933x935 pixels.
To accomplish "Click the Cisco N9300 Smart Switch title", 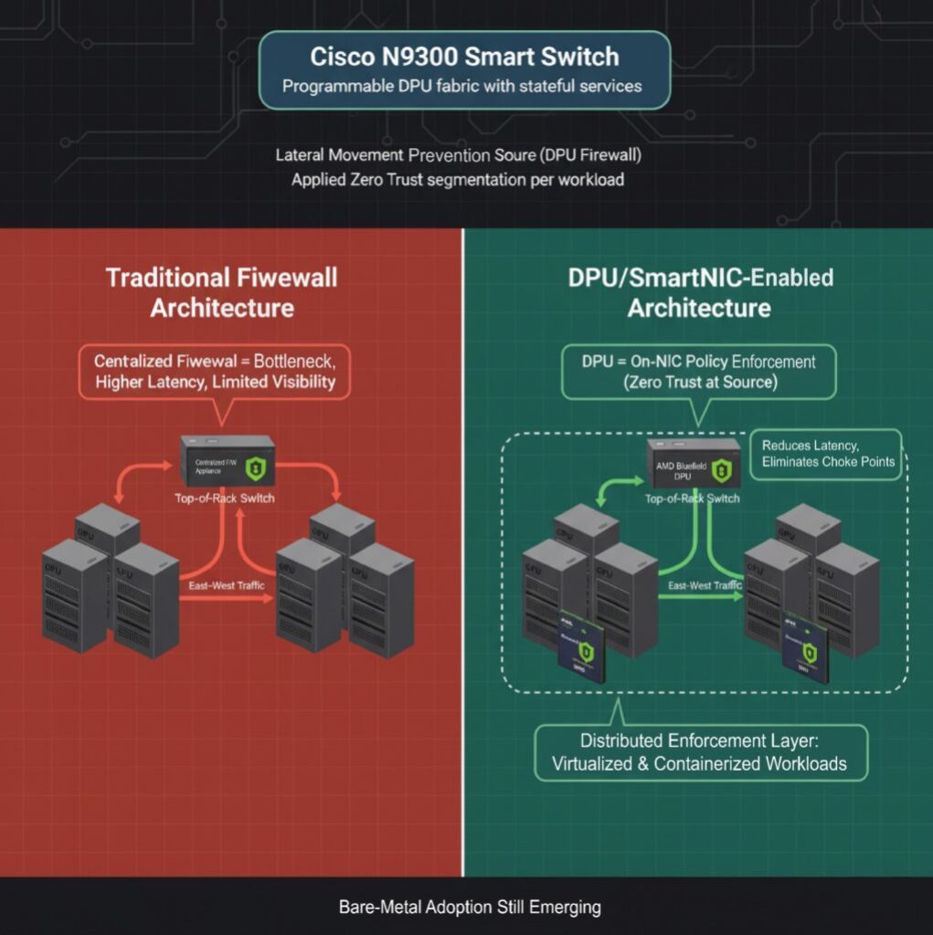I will click(x=464, y=57).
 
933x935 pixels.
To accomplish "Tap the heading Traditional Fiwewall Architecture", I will click(x=222, y=291).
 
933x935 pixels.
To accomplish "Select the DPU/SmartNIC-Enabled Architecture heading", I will click(x=699, y=291).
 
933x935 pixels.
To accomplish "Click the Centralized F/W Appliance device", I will click(x=228, y=462).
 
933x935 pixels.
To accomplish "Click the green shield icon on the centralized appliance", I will click(x=259, y=468).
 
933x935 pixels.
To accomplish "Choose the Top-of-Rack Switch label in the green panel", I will click(x=692, y=499).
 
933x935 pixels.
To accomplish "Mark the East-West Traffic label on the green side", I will click(x=704, y=585).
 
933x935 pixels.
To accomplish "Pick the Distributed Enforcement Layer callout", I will click(x=699, y=751).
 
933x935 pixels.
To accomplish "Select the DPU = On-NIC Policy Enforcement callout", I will click(x=699, y=372).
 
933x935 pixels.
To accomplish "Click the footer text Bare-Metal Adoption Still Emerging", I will click(x=470, y=908).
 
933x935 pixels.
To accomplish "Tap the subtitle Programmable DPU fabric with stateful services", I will click(x=462, y=87).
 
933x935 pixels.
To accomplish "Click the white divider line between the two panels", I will click(x=463, y=548).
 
